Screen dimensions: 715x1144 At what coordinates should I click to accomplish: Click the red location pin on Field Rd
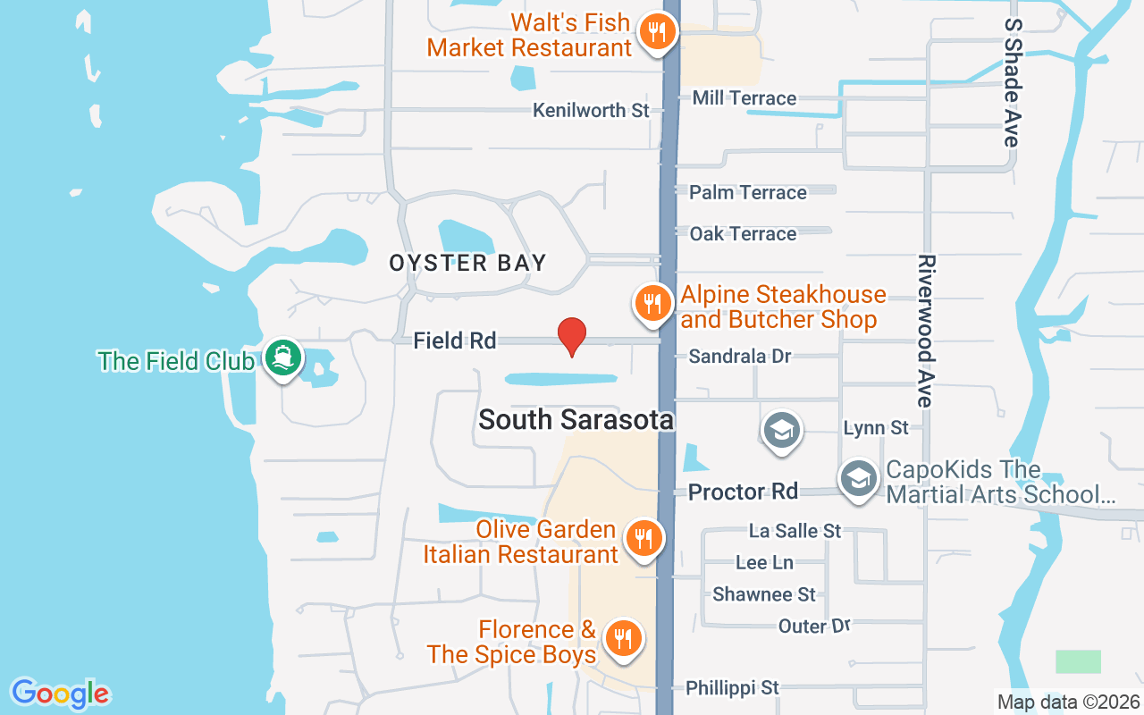[x=571, y=336]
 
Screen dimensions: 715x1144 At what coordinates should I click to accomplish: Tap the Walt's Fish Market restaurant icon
[x=658, y=32]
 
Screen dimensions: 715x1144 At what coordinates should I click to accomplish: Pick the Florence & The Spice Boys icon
[x=621, y=638]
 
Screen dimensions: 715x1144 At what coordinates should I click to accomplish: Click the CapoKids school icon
[x=859, y=479]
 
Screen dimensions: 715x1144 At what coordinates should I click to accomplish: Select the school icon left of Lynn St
[x=781, y=431]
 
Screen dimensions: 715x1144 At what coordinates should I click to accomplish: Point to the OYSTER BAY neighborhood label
[x=467, y=263]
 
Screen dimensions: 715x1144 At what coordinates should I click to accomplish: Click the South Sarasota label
[x=576, y=419]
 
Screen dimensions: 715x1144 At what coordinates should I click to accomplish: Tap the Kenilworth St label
[x=591, y=111]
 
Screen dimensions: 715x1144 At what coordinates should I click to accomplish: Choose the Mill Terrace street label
[x=744, y=98]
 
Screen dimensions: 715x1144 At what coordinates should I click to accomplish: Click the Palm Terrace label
[x=747, y=192]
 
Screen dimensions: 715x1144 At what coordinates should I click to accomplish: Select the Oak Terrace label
[x=743, y=233]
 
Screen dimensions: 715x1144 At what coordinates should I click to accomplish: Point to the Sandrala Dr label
[x=739, y=357]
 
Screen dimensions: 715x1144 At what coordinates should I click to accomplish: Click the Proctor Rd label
[x=742, y=492]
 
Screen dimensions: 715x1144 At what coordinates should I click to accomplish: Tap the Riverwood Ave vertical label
[x=926, y=331]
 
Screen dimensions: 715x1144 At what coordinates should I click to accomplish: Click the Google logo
[x=60, y=694]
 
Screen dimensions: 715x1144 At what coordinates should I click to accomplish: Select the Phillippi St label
[x=732, y=688]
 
